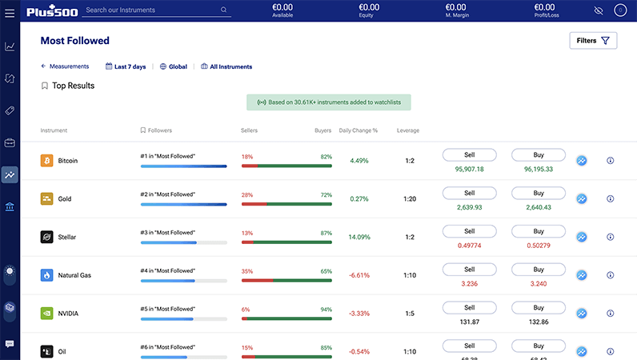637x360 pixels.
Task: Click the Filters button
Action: [x=593, y=41]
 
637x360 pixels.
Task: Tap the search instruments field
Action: [x=152, y=10]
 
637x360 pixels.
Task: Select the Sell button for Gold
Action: [x=469, y=193]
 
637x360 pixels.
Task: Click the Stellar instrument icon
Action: [x=46, y=237]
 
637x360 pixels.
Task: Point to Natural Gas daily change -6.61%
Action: [x=359, y=275]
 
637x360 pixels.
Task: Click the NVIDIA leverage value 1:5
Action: [x=409, y=314]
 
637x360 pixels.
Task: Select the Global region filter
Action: [x=174, y=67]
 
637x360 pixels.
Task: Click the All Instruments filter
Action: [x=226, y=67]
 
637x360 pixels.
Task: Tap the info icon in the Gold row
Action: [x=610, y=198]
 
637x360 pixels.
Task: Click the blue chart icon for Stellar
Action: [x=582, y=237]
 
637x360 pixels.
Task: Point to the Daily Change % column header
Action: [x=358, y=130]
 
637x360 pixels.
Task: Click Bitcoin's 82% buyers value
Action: [x=326, y=157]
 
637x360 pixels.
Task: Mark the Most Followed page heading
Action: [x=74, y=41]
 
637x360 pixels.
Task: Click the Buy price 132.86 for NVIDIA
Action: [x=538, y=322]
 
